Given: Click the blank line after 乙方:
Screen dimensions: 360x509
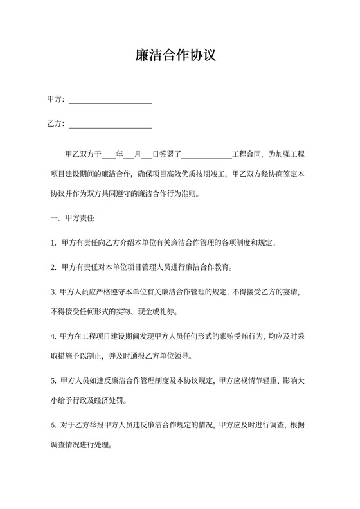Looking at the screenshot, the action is pos(110,125).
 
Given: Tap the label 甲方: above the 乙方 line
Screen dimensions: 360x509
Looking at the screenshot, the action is pos(56,100).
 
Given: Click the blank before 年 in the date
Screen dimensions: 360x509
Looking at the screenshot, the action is pos(108,155).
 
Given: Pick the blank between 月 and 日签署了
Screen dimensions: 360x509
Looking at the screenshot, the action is pos(147,155).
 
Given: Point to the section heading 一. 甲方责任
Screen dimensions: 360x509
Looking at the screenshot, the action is pos(73,219).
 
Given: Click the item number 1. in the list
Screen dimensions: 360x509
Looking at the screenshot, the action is pos(53,243).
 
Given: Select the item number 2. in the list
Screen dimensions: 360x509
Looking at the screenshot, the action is pos(53,267).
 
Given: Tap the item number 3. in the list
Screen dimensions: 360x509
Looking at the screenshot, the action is pos(53,292).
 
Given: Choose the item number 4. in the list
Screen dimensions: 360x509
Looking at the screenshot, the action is pos(53,336).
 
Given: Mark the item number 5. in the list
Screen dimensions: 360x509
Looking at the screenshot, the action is pos(53,380).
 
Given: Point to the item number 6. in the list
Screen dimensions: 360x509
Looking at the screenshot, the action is pos(53,425).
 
